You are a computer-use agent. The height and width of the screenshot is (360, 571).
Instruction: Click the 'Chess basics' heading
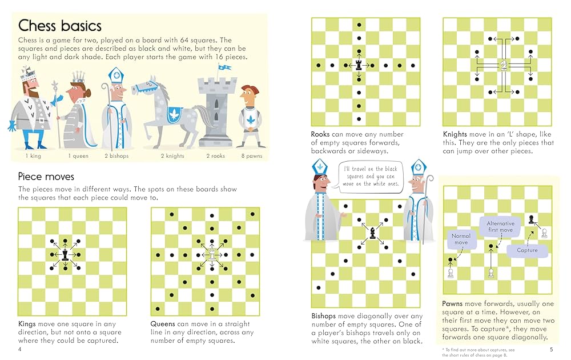point(59,26)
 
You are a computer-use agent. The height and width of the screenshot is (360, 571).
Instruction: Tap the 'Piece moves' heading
point(46,177)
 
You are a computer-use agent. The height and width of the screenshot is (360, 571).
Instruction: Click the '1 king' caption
point(33,155)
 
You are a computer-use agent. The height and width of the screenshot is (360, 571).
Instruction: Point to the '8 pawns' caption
point(251,155)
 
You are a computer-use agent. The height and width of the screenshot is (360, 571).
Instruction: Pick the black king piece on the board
point(65,255)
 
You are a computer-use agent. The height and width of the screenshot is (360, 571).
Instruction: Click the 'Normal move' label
point(460,239)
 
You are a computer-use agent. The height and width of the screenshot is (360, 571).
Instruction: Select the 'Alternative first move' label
point(500,226)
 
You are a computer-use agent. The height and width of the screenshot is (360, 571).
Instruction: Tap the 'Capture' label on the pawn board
point(526,250)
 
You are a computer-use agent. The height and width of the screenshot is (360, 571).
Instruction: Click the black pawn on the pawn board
point(532,219)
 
